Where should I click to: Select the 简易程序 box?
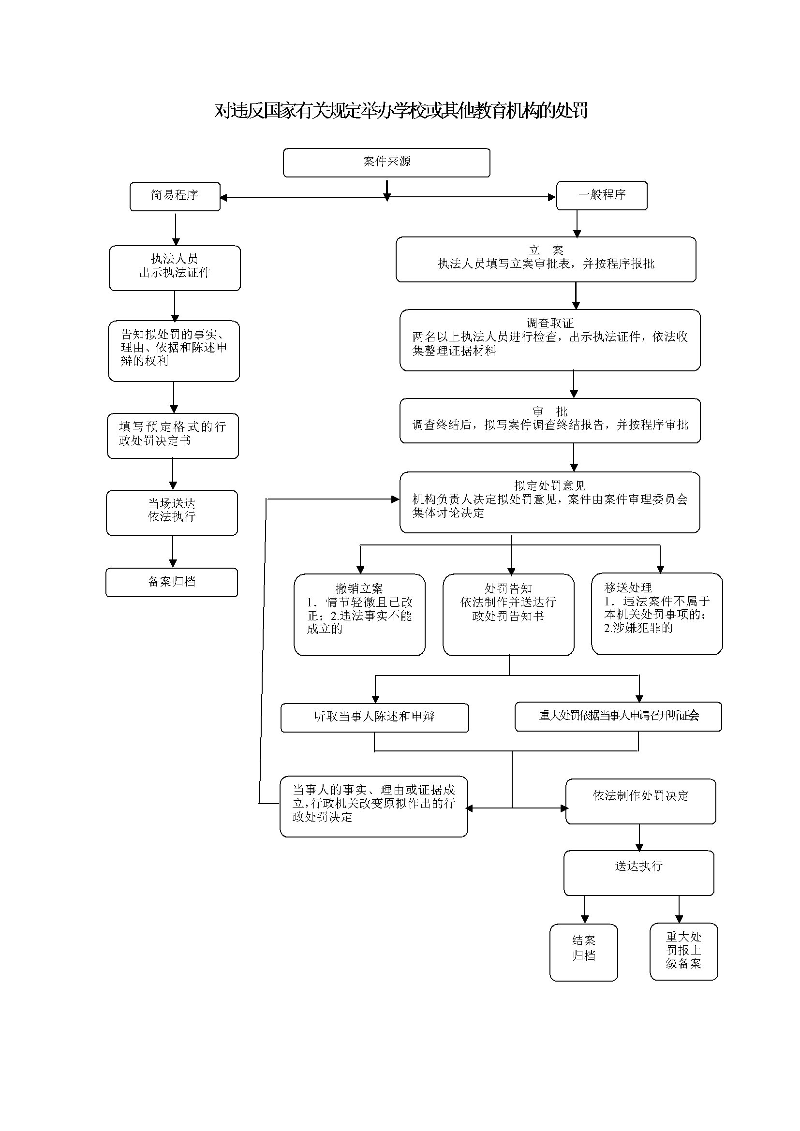(x=175, y=196)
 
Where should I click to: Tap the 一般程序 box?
(x=602, y=195)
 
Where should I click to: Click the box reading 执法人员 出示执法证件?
(x=175, y=267)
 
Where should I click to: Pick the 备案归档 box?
(x=171, y=582)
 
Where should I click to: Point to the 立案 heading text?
(x=545, y=250)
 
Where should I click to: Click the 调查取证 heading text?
(x=550, y=323)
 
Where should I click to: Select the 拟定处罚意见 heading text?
(x=550, y=485)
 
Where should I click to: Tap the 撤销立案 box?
(x=359, y=614)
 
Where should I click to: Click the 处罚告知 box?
(x=508, y=614)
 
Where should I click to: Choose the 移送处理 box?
(x=656, y=613)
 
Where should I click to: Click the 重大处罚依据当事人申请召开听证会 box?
(x=618, y=716)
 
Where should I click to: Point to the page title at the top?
(x=400, y=111)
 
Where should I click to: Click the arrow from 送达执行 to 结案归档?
(x=585, y=909)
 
